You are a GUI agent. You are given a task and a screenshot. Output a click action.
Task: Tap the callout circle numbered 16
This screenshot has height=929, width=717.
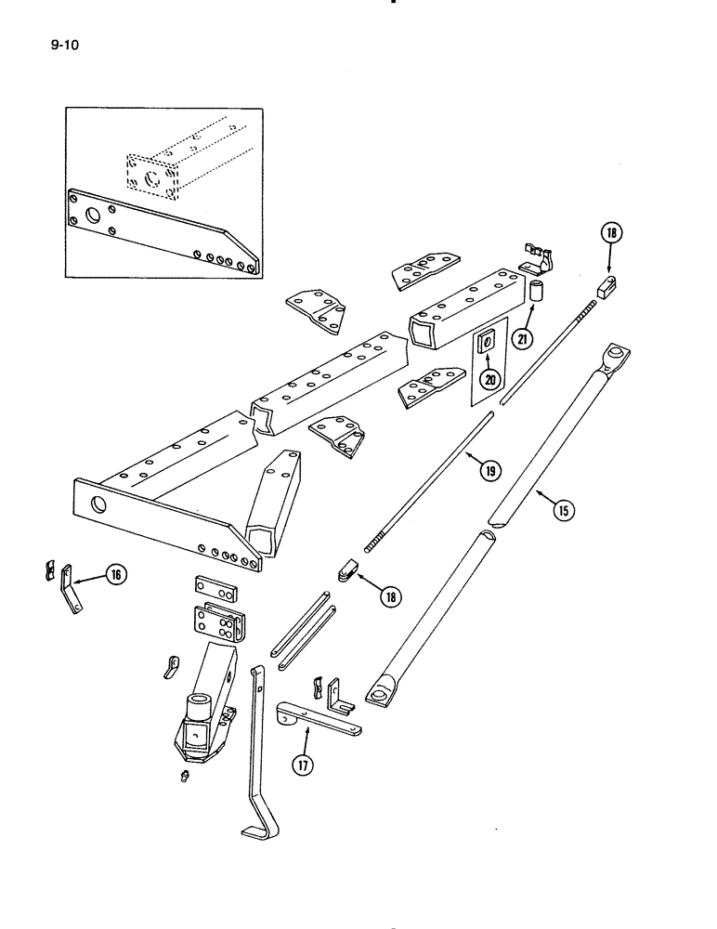tap(116, 576)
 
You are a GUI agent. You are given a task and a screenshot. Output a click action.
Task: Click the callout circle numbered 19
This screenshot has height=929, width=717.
tap(489, 470)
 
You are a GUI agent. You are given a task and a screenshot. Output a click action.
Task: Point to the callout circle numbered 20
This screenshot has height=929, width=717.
tap(489, 378)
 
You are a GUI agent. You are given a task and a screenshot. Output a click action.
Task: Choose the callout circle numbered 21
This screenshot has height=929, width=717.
tap(522, 339)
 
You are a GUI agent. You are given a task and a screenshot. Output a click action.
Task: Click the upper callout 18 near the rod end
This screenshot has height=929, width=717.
tap(612, 234)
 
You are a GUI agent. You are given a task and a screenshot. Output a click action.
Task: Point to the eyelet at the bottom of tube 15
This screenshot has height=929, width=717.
tap(380, 693)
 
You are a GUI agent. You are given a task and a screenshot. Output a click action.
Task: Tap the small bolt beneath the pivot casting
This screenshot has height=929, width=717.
tap(184, 778)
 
